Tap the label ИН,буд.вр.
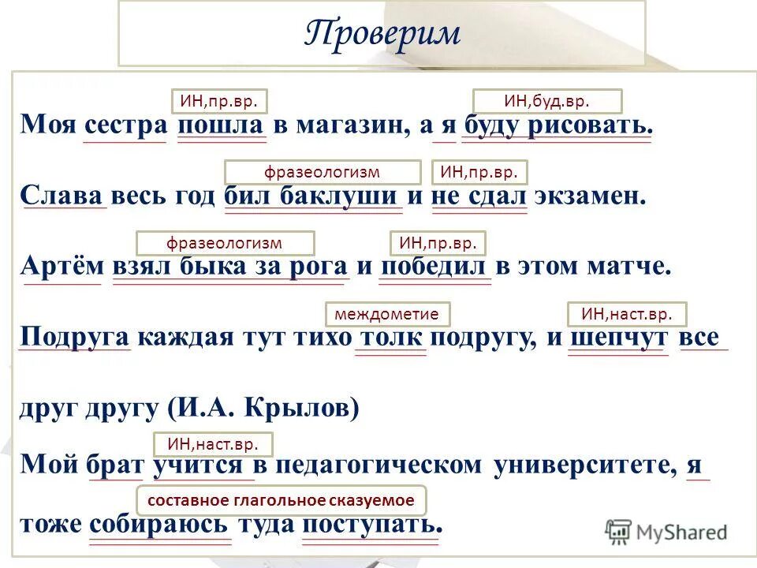tap(547, 101)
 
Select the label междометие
tap(387, 314)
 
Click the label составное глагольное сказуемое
tap(282, 500)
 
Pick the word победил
tap(435, 266)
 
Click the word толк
tap(391, 338)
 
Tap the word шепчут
tap(617, 338)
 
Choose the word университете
tap(585, 464)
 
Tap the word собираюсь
tap(160, 524)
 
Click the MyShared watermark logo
tap(666, 531)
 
